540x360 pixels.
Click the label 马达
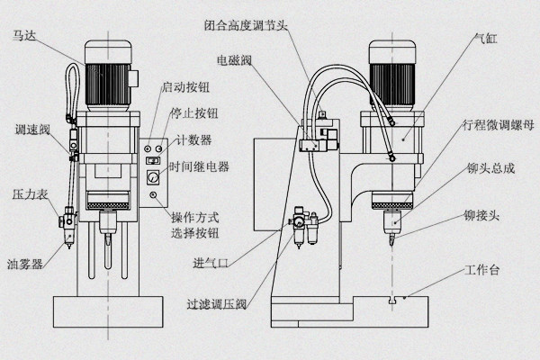pyautogui.click(x=25, y=37)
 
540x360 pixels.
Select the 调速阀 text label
pyautogui.click(x=32, y=129)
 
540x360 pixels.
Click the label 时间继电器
pyautogui.click(x=199, y=166)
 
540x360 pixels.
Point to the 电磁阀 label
pyautogui.click(x=234, y=62)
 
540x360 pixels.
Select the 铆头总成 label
pyautogui.click(x=490, y=168)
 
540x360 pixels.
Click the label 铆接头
pyautogui.click(x=482, y=216)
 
